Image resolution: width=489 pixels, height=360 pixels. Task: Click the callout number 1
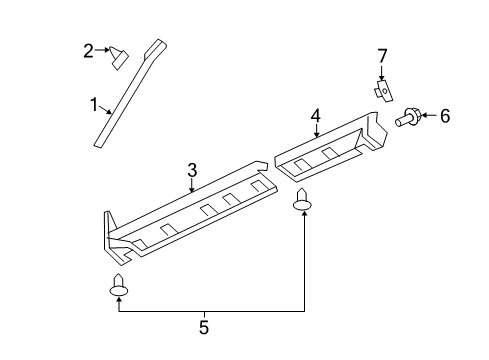[x=95, y=104]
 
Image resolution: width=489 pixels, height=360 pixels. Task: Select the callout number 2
[x=89, y=50]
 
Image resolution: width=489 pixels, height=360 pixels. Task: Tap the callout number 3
[x=192, y=172]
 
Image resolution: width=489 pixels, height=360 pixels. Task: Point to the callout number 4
[x=315, y=116]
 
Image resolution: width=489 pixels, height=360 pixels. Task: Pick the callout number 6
[x=444, y=117]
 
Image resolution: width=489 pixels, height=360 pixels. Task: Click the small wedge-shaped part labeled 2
[x=118, y=56]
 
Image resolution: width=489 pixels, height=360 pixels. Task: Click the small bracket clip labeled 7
[x=382, y=90]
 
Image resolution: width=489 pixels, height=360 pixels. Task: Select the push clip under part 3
[x=119, y=287]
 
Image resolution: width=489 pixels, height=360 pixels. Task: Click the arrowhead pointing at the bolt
[x=425, y=117]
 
